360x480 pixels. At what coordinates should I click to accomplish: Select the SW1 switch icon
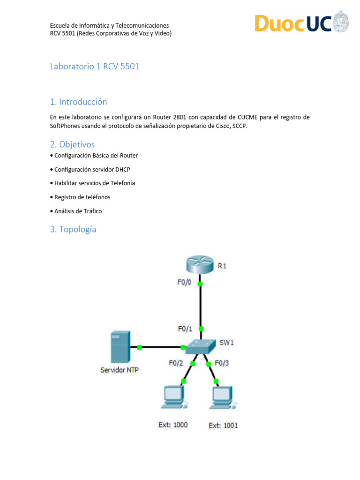(x=201, y=347)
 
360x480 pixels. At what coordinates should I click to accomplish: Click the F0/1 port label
(x=185, y=329)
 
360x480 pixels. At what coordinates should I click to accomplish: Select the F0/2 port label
(x=177, y=363)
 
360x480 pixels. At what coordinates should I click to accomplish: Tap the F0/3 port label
(x=222, y=363)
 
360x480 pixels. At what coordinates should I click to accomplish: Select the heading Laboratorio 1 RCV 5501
(x=95, y=67)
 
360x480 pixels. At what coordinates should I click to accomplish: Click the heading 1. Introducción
(x=79, y=102)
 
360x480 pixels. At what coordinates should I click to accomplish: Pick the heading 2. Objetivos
(x=72, y=144)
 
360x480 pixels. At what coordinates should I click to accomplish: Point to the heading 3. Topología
(x=73, y=229)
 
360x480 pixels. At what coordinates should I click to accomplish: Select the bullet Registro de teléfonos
(x=82, y=197)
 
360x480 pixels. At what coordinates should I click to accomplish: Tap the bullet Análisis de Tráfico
(x=78, y=211)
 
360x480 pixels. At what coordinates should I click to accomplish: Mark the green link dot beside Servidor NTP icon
(x=140, y=347)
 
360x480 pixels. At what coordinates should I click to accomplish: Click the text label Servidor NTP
(x=120, y=370)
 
